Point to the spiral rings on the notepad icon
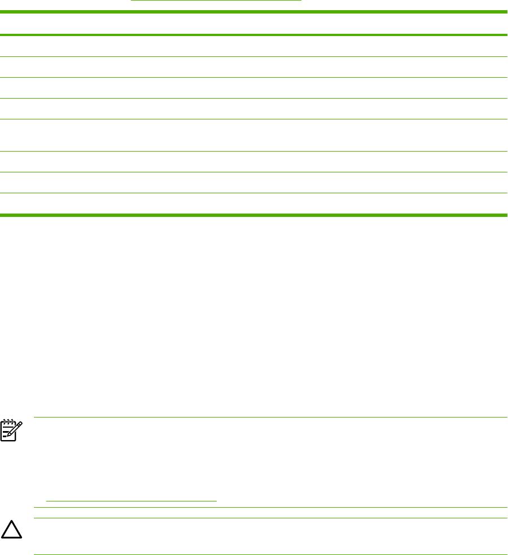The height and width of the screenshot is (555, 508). coord(10,421)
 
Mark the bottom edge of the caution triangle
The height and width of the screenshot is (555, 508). coord(11,539)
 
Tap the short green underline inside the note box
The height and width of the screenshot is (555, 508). coord(132,500)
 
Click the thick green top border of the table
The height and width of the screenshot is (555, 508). coord(254,11)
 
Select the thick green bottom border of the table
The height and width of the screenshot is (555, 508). coord(254,215)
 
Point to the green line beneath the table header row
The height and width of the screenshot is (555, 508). coord(254,35)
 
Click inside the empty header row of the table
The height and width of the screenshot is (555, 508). coord(254,24)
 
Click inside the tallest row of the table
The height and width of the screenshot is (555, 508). coord(254,135)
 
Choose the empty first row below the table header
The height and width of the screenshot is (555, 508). coord(254,46)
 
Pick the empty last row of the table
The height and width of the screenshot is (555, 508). coord(254,203)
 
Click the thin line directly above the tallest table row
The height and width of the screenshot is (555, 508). coord(254,119)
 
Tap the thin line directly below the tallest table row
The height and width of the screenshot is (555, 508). coord(254,151)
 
